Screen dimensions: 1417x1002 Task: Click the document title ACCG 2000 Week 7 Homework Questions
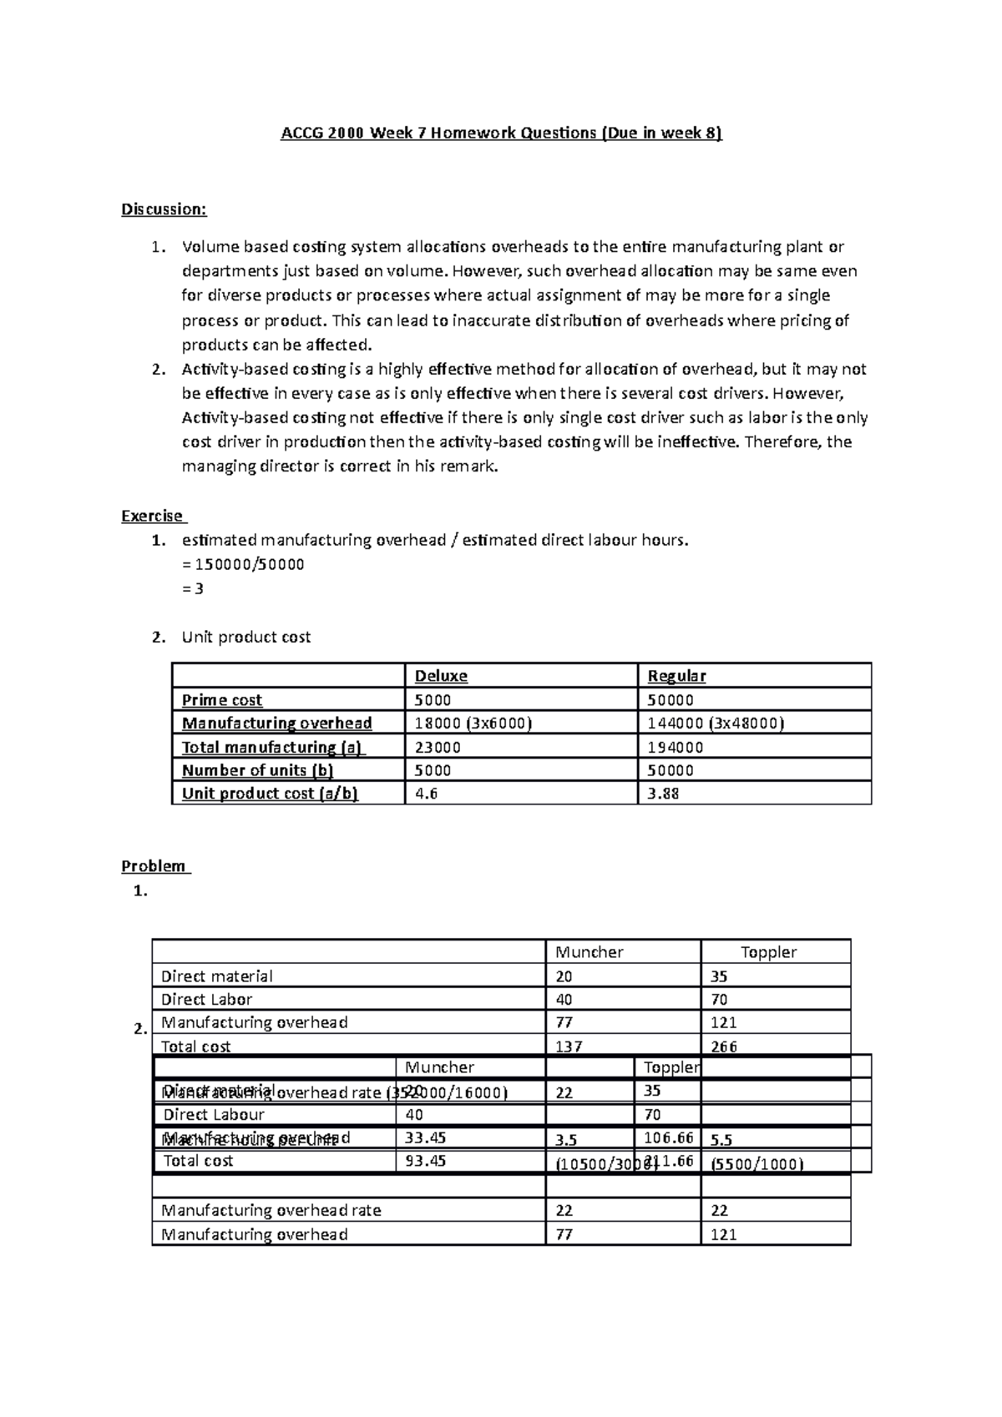[500, 133]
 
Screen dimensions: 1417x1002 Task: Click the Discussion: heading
[164, 209]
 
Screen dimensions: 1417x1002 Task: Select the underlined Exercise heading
[153, 516]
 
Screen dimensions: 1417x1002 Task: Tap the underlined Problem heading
[154, 866]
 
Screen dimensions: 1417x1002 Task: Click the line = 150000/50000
[243, 564]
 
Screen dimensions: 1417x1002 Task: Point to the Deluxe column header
[441, 676]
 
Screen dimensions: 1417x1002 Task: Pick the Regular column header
[676, 676]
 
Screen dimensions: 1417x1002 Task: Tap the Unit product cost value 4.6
[426, 794]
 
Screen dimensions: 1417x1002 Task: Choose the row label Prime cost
[222, 700]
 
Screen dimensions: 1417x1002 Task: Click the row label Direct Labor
[206, 999]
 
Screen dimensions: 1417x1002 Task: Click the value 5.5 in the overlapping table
[721, 1140]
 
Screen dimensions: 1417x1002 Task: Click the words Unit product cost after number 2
[246, 638]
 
